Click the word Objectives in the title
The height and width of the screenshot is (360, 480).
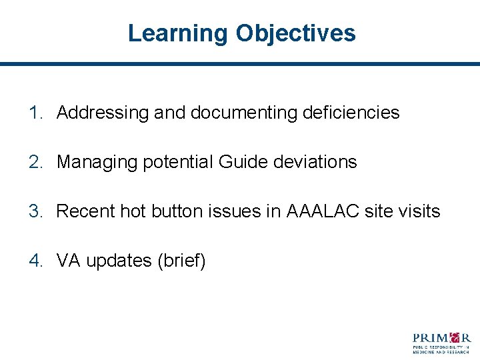(x=295, y=33)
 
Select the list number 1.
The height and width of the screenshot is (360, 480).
(x=35, y=113)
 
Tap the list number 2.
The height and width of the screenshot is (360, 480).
(x=35, y=162)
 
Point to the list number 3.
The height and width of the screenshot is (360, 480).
(x=35, y=211)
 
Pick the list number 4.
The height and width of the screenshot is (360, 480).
(x=35, y=261)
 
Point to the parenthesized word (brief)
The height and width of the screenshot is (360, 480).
(x=181, y=261)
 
